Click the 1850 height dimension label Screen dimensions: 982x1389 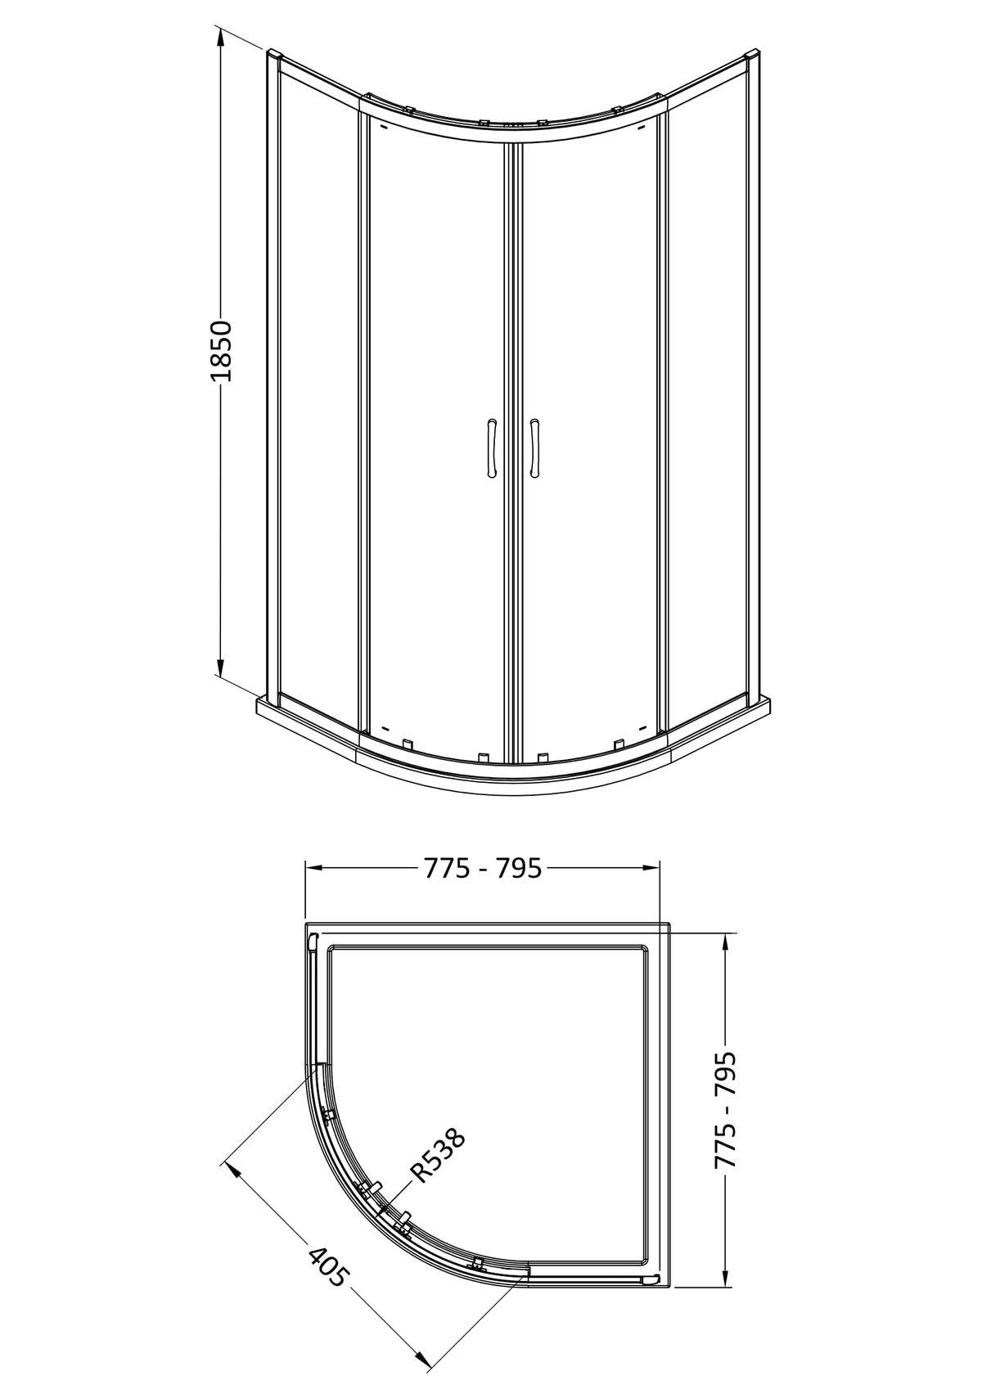[221, 352]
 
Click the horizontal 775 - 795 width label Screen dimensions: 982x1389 [483, 867]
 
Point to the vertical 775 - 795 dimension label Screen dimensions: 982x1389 [726, 1047]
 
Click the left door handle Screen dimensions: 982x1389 [492, 448]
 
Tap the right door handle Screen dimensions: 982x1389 [534, 448]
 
